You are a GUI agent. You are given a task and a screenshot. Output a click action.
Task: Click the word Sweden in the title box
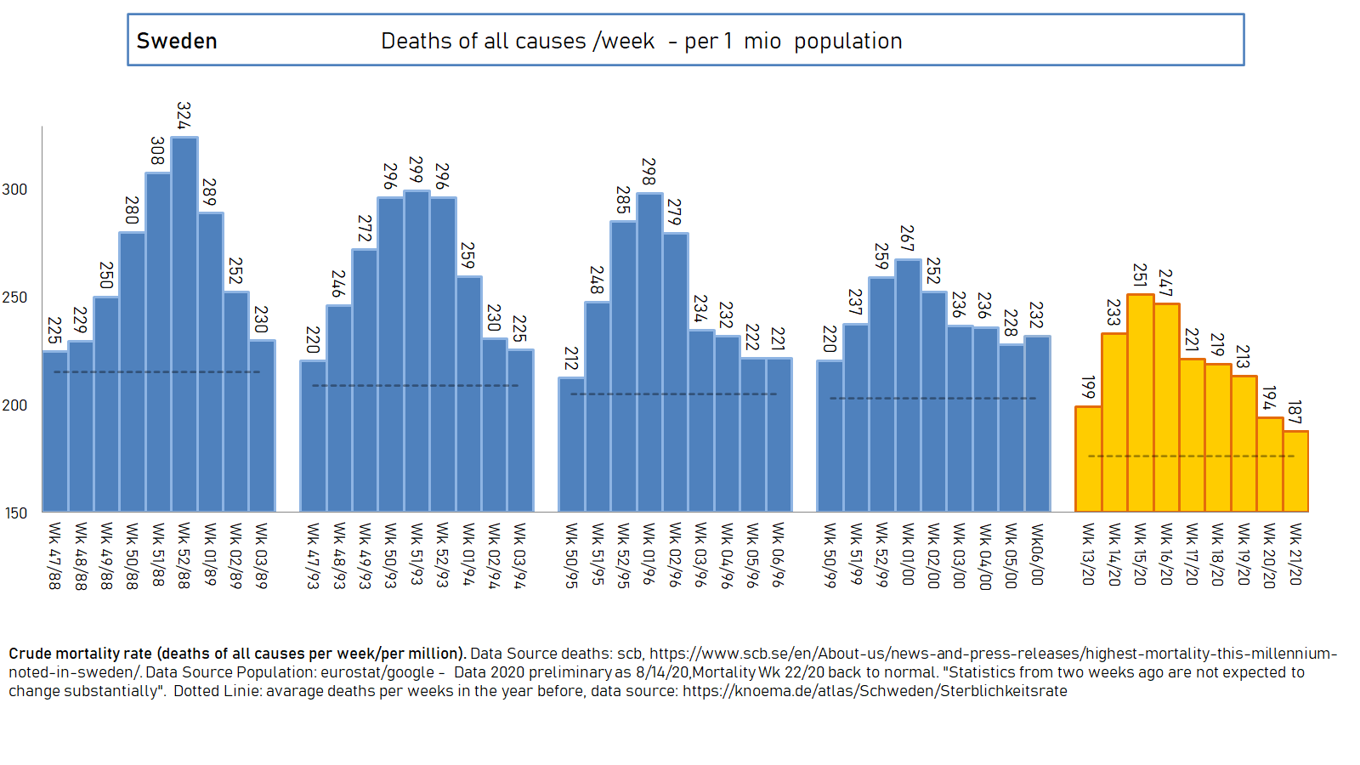[177, 41]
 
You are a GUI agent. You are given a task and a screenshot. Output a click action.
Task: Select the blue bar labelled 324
[184, 323]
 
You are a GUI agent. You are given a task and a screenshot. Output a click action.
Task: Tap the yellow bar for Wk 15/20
[1140, 404]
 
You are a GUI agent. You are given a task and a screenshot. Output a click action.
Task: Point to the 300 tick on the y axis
[14, 190]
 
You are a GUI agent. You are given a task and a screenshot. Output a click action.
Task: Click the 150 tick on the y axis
[15, 513]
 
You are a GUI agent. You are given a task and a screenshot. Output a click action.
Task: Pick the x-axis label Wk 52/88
[184, 556]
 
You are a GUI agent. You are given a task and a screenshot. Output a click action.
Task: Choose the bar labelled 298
[649, 353]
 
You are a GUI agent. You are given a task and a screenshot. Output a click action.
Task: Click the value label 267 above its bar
[908, 239]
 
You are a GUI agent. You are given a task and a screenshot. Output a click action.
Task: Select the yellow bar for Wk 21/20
[1295, 472]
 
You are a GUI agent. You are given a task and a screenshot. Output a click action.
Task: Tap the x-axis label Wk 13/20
[1088, 554]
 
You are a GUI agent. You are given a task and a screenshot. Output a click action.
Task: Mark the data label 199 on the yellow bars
[1088, 388]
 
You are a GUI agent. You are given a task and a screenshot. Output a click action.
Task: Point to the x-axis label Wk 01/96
[649, 554]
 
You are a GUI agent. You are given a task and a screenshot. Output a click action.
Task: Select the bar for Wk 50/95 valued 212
[571, 444]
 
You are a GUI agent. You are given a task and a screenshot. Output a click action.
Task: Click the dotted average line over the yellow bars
[1190, 456]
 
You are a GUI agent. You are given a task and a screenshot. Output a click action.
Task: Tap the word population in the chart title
[847, 41]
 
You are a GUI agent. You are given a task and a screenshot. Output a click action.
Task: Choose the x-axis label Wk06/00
[1037, 554]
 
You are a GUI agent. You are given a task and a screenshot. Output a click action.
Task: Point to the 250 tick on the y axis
[14, 297]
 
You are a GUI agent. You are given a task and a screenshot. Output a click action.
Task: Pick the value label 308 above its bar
[157, 151]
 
